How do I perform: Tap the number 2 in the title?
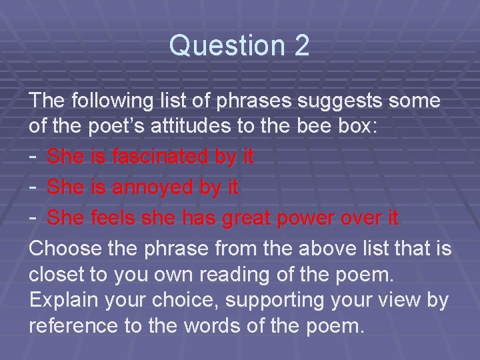(301, 46)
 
